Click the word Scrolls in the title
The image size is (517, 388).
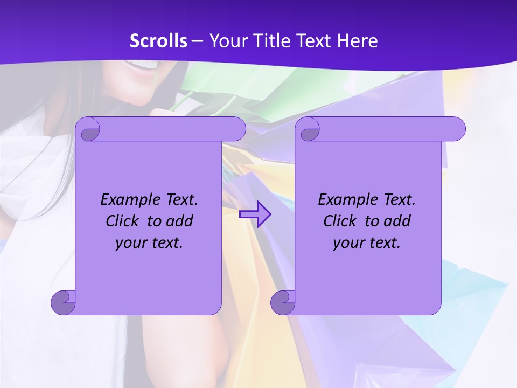point(159,41)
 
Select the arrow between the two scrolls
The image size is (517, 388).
point(255,214)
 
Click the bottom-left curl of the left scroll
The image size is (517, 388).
point(64,302)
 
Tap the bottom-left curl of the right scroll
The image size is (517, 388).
point(283,302)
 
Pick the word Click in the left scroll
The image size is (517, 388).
point(124,221)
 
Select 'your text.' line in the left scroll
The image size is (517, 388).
point(149,242)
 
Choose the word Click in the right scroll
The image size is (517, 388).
point(341,221)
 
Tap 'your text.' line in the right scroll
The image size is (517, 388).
point(367,242)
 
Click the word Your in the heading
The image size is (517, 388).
point(226,41)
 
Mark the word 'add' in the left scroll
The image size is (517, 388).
point(180,221)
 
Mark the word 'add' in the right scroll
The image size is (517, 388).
point(398,221)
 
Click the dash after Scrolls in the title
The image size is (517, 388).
point(198,41)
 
